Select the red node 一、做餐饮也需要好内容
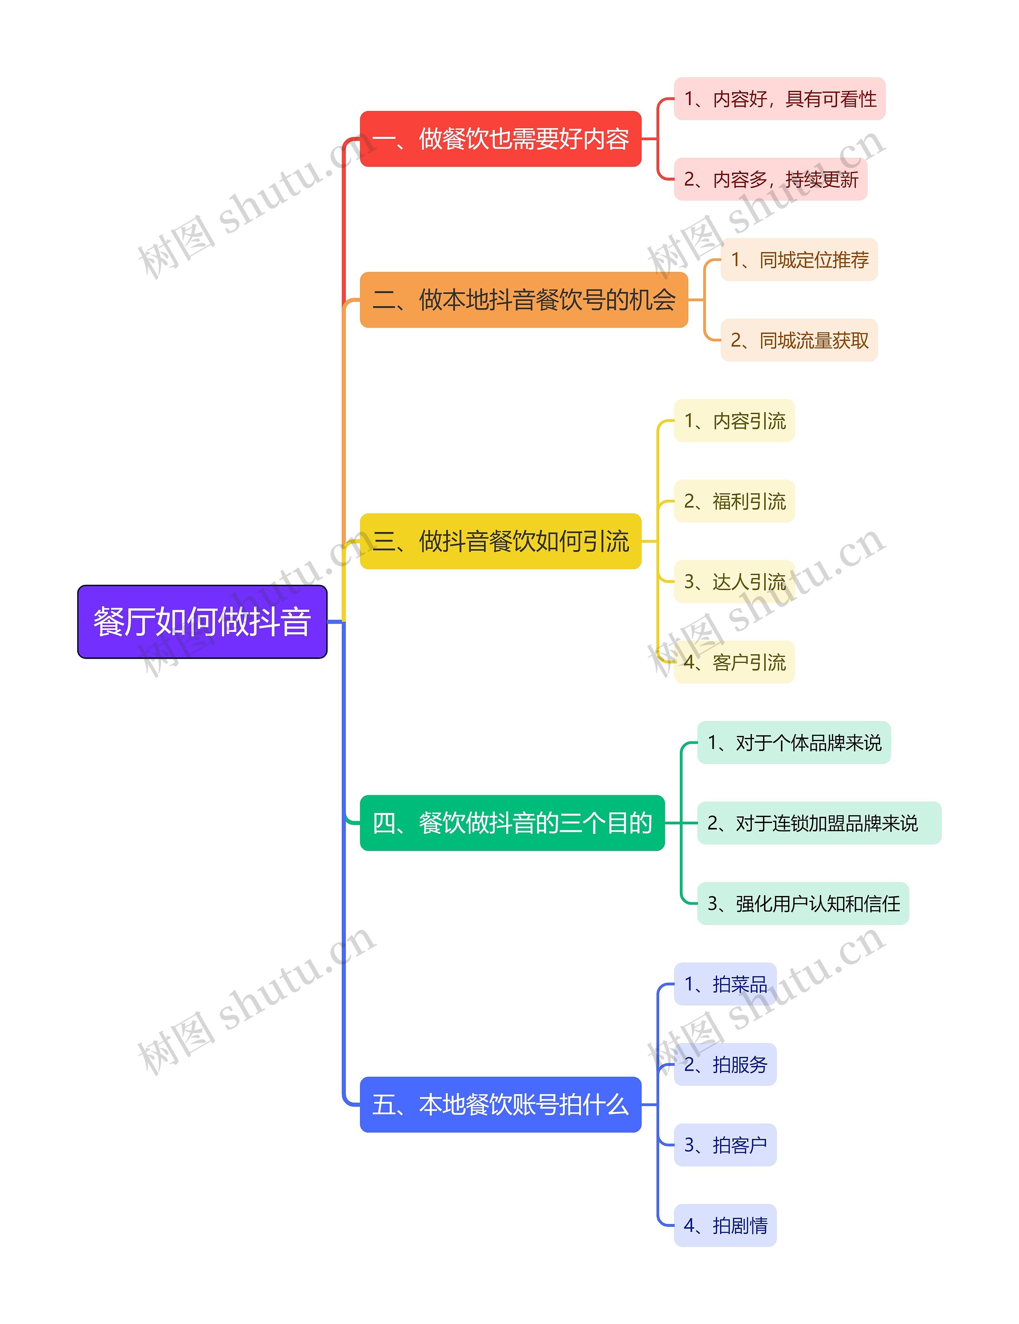(x=500, y=139)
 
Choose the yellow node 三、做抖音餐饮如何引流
(x=500, y=541)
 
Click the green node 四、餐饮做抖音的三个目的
(x=512, y=823)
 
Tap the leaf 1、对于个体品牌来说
(x=794, y=743)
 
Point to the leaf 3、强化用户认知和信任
(x=803, y=903)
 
